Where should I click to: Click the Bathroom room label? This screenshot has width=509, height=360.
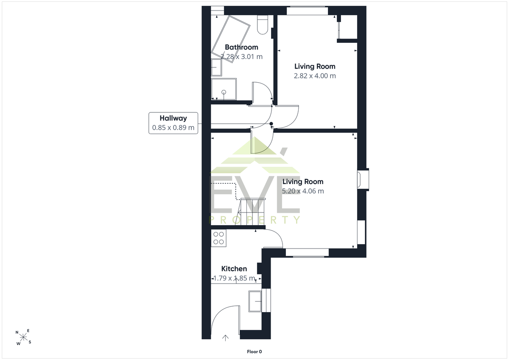pos(241,47)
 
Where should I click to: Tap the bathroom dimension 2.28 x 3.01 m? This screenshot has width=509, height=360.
pos(241,56)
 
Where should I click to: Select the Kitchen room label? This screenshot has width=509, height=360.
pos(234,269)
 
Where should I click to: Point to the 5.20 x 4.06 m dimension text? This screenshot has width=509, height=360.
pos(303,191)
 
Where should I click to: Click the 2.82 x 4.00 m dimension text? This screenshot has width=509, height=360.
pos(315,76)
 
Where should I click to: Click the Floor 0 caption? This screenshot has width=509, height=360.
pos(254,352)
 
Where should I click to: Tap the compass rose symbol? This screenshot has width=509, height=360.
pos(23,337)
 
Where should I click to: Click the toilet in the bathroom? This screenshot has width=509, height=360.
pos(263,25)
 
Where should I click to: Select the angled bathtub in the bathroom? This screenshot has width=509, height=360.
pos(231,39)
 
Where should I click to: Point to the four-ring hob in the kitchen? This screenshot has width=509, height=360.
pos(218,238)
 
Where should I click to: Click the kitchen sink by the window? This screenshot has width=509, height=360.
pos(255,301)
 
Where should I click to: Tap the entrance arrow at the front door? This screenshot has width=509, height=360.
pos(225,338)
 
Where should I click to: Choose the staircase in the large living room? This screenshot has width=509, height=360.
pos(251,212)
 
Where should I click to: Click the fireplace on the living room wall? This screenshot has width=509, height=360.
pos(363,180)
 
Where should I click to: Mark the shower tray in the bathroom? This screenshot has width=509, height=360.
pos(224,89)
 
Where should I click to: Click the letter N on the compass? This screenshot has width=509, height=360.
pos(17,332)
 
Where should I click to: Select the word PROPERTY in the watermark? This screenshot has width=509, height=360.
pos(255,220)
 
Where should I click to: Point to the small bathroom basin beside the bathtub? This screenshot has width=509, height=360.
pos(216,67)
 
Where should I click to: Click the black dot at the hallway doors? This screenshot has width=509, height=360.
pos(271,124)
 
